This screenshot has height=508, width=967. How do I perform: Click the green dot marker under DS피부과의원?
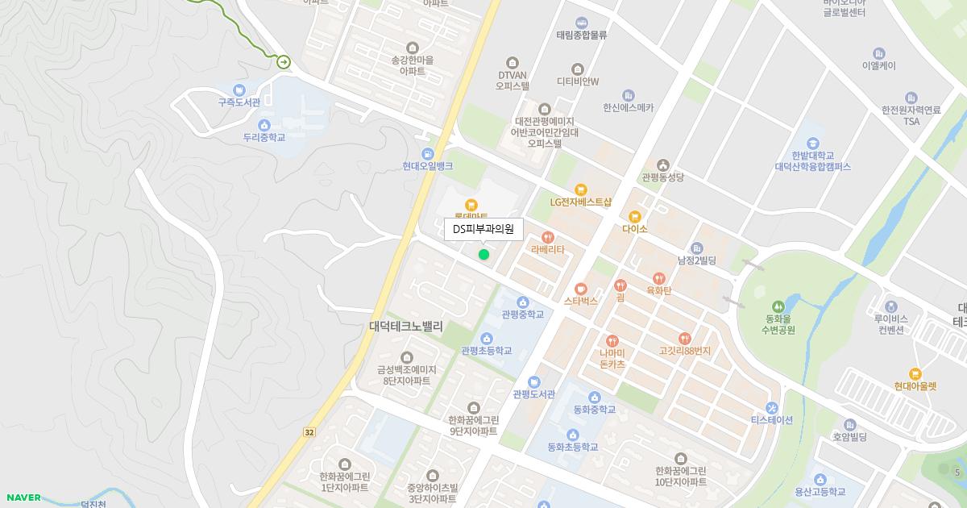click(483, 255)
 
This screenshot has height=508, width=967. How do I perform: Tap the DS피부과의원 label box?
click(483, 229)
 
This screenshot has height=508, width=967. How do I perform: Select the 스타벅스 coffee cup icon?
click(581, 288)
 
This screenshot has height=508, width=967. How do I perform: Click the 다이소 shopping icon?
click(635, 216)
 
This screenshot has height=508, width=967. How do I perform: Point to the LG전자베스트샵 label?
click(581, 202)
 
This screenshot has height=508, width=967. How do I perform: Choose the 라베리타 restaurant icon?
click(548, 237)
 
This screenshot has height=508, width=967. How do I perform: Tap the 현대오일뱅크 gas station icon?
click(428, 153)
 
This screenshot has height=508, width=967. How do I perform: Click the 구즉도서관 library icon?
click(239, 90)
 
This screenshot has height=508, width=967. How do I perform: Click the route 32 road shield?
click(309, 432)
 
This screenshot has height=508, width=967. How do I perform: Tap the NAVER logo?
click(23, 498)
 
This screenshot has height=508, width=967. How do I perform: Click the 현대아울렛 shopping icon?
click(915, 373)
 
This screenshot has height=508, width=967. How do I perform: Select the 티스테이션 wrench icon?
click(772, 407)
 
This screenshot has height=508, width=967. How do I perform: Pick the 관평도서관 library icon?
click(533, 381)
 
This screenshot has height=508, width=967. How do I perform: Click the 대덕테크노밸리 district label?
click(406, 327)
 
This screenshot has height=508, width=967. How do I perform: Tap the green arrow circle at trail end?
click(284, 61)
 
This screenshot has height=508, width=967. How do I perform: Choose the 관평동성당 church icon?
click(663, 164)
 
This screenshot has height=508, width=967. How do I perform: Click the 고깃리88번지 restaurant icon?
click(685, 339)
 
